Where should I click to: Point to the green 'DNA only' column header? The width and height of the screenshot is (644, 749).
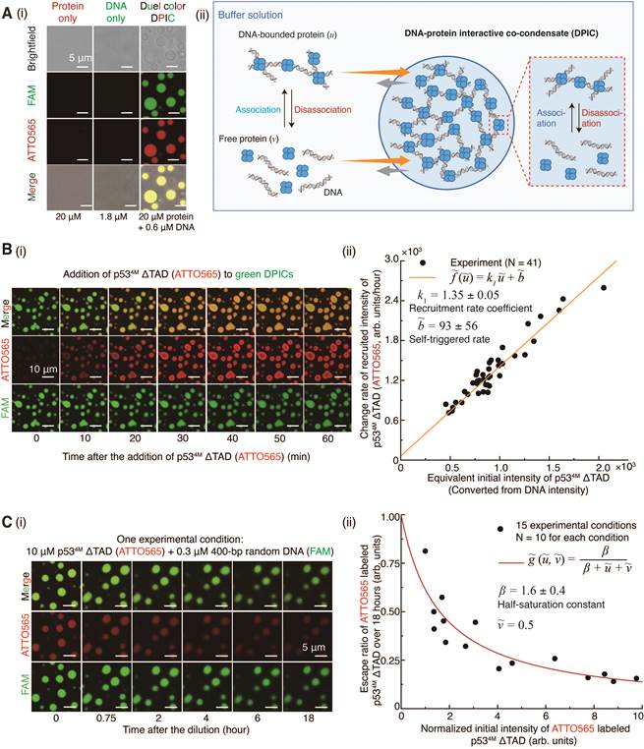click(x=116, y=13)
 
